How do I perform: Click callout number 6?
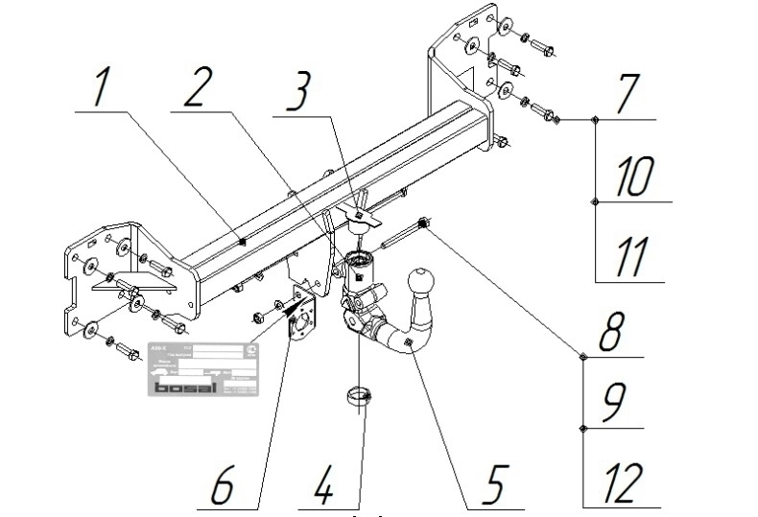pos(223,486)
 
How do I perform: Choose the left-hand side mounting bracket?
pos(96,278)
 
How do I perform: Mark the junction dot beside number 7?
pos(595,120)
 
